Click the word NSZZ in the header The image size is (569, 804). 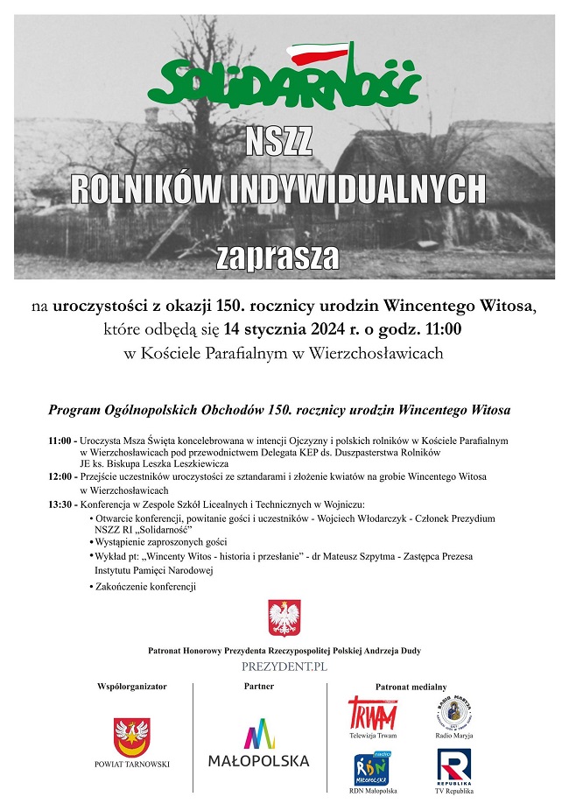pos(279,140)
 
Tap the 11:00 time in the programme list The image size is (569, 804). pos(61,441)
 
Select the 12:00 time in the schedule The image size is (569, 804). pos(61,476)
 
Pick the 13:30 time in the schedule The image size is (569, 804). pos(61,504)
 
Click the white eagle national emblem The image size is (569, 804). pos(284,617)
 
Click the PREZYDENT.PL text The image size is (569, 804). pos(284,666)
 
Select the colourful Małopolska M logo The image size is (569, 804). pos(258,734)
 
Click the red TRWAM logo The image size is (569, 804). pos(372,713)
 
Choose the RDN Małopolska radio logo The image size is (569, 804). pos(372,768)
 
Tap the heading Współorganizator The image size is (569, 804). pos(132,687)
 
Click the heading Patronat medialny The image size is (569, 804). pos(411,687)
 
